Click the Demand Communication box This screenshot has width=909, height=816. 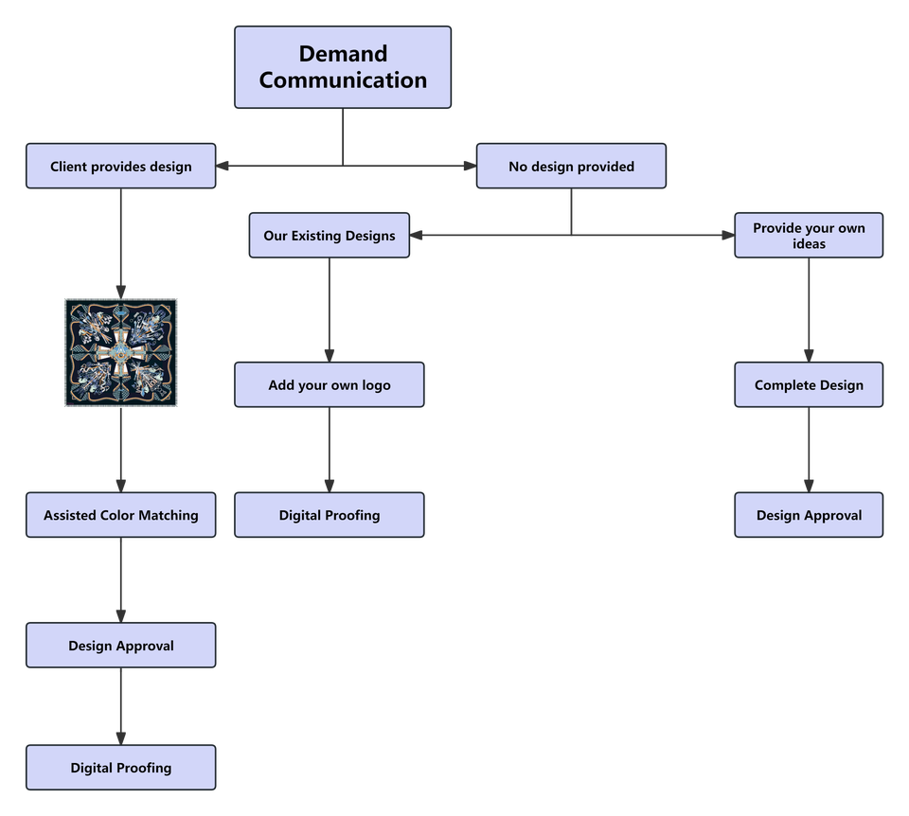pos(343,67)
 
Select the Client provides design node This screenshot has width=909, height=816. pos(121,167)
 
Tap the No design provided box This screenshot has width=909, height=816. pos(571,167)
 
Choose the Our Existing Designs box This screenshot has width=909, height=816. pos(330,235)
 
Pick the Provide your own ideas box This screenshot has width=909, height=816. pos(809,236)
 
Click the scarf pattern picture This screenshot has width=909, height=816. pos(121,352)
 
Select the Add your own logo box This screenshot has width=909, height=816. pos(330,385)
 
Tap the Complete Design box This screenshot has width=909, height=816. pos(809,385)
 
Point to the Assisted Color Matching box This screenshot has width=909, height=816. pos(121,516)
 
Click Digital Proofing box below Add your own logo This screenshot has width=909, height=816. pos(330,516)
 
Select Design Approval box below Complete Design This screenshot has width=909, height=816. pos(809,516)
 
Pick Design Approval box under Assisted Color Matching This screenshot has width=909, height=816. pos(121,646)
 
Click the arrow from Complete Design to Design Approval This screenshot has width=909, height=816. pos(809,450)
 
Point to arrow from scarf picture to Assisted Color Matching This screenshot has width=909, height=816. pos(121,450)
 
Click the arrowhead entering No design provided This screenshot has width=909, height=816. pos(468,167)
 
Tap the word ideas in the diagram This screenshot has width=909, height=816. pos(809,244)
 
